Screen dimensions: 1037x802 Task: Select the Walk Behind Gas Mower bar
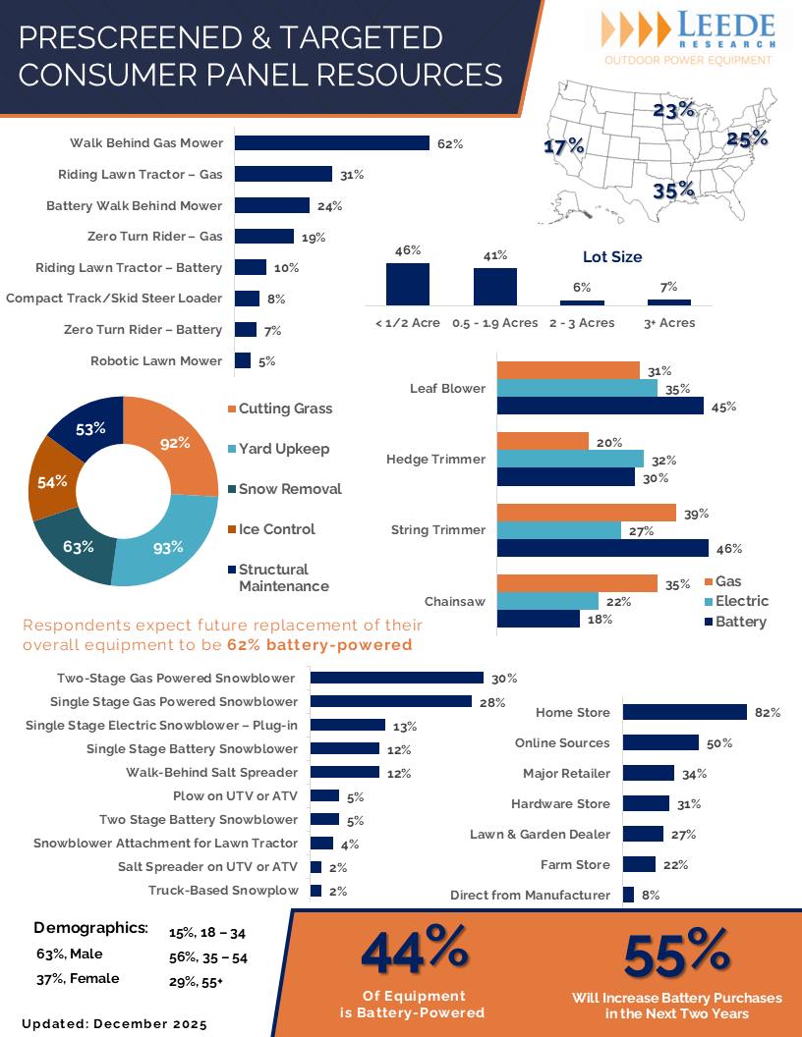pos(332,143)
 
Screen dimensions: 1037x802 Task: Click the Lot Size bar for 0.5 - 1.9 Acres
pos(495,286)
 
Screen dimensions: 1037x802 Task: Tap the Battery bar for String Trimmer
pos(602,548)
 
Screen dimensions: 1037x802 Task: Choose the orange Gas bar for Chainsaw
pos(577,583)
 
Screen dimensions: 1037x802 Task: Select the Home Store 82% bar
pos(684,712)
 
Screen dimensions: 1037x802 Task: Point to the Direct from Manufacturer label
pos(530,896)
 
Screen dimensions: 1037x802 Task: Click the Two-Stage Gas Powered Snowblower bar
pos(397,678)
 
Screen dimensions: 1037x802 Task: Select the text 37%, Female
pos(78,978)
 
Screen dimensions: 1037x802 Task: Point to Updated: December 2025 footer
pos(114,1023)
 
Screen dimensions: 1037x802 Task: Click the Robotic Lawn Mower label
pos(156,360)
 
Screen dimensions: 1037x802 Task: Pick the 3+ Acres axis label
pos(669,323)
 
